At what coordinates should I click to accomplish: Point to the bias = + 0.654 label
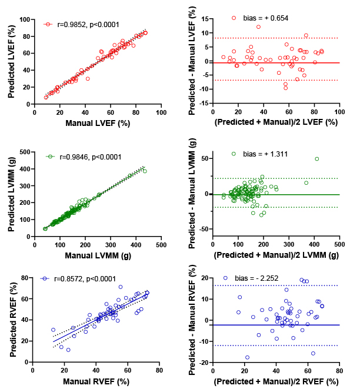pos(265,18)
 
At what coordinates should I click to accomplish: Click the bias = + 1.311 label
pos(265,154)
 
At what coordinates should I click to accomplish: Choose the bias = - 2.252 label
pos(256,278)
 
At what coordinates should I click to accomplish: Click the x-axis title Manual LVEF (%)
pos(98,123)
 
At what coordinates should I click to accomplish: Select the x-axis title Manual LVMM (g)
pos(98,256)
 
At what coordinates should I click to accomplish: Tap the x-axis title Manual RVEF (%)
pos(96,382)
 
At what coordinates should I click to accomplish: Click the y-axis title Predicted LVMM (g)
pos(11,194)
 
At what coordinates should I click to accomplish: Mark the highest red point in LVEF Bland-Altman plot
pos(258,26)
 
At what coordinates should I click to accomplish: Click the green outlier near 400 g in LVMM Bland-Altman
pos(317,159)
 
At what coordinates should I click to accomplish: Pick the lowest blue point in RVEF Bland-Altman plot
pos(247,357)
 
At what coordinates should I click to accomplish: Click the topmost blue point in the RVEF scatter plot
pos(121,287)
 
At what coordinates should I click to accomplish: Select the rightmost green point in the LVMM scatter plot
pos(145,171)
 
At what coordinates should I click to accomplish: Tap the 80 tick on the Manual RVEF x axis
pos(159,370)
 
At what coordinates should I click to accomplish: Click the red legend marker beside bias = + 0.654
pos(234,18)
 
